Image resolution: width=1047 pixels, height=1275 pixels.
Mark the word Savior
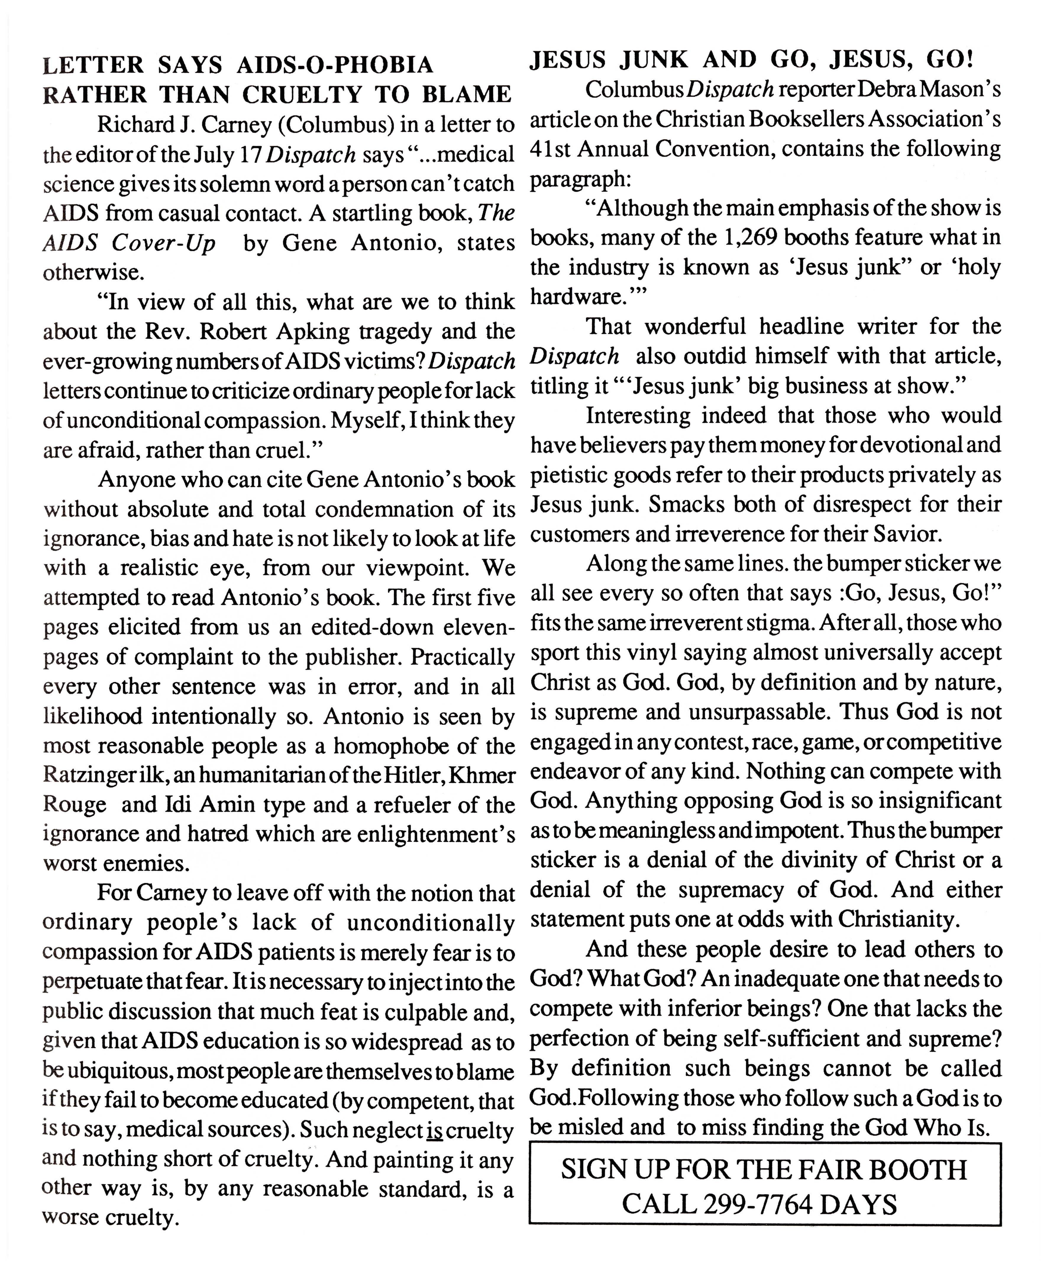point(905,534)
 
